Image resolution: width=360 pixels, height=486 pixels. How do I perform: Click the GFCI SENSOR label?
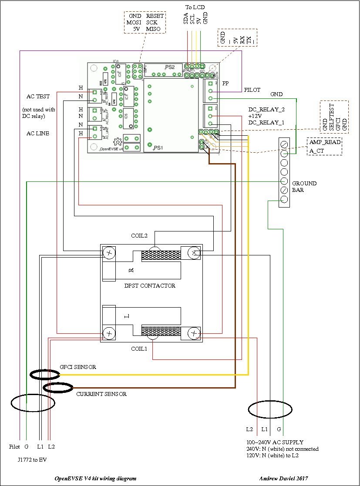point(78,367)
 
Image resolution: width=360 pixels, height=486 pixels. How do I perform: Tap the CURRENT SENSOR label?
point(101,394)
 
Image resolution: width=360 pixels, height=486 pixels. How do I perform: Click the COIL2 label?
point(139,235)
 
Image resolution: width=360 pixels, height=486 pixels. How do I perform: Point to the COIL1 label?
point(140,349)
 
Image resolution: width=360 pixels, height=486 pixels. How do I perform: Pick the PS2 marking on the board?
point(170,67)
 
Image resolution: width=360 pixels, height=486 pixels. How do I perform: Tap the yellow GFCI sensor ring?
point(45,374)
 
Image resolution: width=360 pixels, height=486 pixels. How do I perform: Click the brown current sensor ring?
point(58,387)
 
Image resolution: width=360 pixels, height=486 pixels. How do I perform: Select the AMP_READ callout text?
point(325,142)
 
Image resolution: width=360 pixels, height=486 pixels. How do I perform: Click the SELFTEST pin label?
point(332,116)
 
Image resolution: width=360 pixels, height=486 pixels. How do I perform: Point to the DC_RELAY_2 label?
point(266,110)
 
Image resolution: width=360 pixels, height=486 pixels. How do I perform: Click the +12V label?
point(256,117)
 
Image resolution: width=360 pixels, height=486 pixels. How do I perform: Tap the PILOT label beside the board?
point(252,90)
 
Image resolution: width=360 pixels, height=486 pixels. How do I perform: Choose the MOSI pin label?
point(135,22)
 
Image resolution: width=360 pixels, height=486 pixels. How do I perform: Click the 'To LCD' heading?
point(195,7)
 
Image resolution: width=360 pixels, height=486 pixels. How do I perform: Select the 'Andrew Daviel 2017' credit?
point(283,478)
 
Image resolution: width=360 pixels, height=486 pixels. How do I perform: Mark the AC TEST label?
point(37,97)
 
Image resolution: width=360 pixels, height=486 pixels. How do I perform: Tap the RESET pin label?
point(155,16)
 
